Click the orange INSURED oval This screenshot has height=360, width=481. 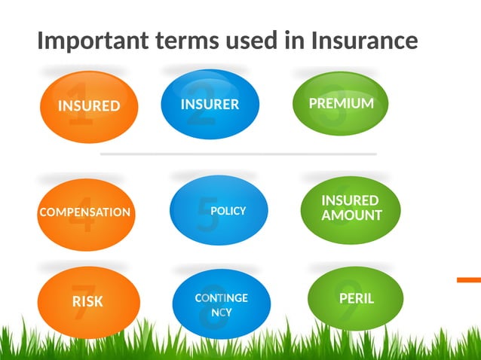click(89, 106)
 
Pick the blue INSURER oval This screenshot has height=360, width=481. click(210, 104)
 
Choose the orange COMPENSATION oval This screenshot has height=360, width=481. click(84, 212)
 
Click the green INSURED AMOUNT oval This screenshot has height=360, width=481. click(351, 209)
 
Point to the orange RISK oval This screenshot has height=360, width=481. click(88, 301)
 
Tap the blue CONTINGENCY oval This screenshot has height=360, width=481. click(221, 304)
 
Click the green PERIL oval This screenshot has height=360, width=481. click(356, 298)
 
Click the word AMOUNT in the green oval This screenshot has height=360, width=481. click(351, 215)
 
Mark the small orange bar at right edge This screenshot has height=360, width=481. click(468, 279)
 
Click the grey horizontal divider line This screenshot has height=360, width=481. click(238, 154)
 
